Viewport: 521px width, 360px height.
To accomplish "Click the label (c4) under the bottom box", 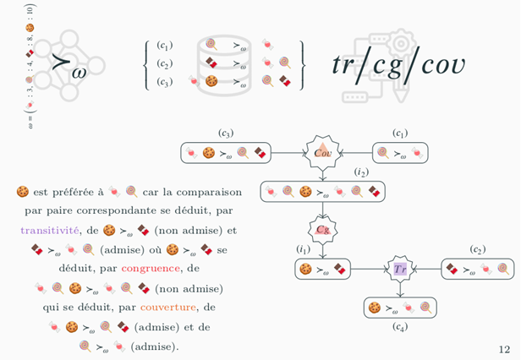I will (x=399, y=327).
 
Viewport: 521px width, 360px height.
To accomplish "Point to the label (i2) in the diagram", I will (x=361, y=172).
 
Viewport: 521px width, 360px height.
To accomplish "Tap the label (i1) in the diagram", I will (x=304, y=249).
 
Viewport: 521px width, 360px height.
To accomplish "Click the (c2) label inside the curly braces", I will (x=166, y=64).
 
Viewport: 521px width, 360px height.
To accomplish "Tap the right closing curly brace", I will (x=302, y=64).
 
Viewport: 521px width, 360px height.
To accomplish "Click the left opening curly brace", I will (x=149, y=64).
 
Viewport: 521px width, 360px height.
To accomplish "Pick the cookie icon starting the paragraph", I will (x=23, y=192).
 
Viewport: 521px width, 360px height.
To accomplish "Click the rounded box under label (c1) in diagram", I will (x=401, y=153).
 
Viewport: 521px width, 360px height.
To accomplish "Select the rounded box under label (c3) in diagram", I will (x=225, y=153).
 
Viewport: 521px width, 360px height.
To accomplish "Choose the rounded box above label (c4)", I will (x=399, y=307).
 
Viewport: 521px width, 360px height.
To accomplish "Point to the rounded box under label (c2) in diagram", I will (x=478, y=269).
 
